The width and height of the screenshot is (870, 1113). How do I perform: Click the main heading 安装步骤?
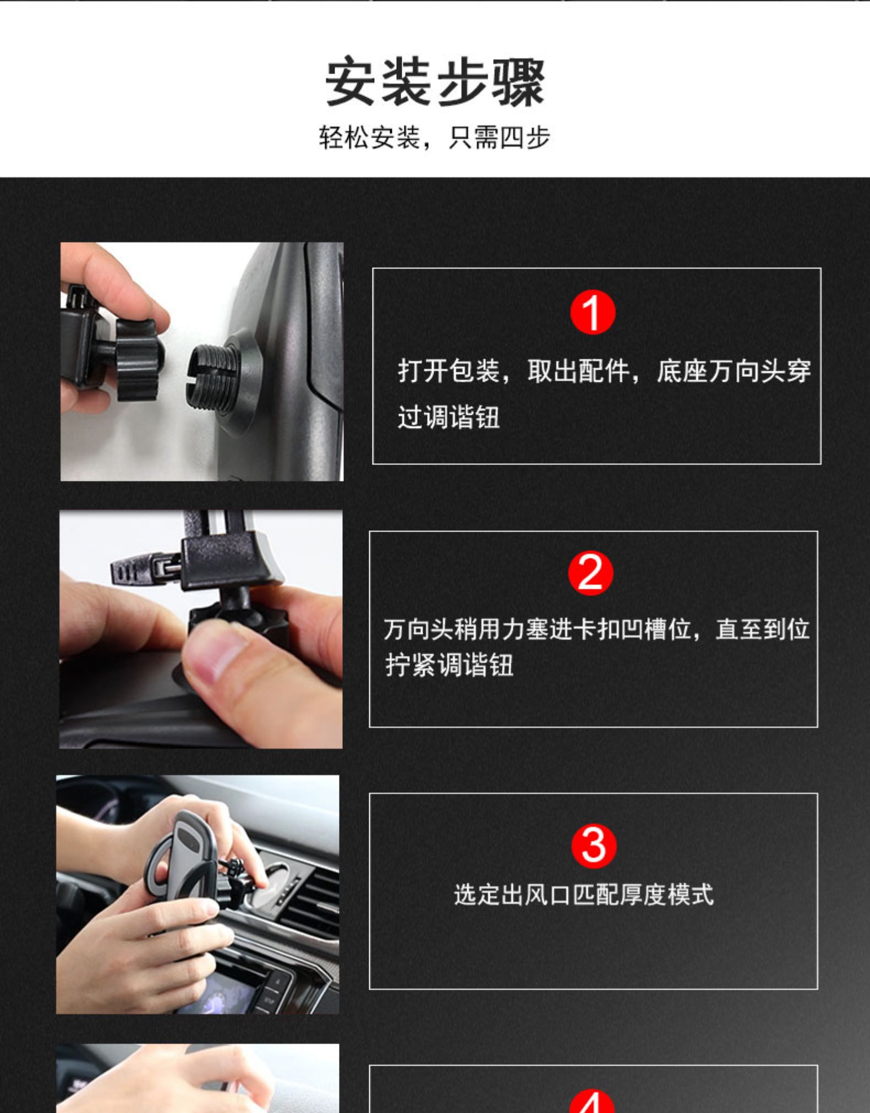[435, 83]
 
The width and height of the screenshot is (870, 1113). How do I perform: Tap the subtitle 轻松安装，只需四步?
[435, 137]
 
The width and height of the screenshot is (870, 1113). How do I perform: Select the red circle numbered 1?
[593, 313]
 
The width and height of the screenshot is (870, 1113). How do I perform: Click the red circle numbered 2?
[590, 573]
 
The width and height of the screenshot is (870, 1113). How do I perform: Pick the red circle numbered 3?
[594, 846]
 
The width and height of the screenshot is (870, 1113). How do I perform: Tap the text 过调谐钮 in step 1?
[448, 416]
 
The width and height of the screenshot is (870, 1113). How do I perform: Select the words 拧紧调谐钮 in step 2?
[449, 665]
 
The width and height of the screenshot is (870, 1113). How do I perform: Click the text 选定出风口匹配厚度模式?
[584, 895]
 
